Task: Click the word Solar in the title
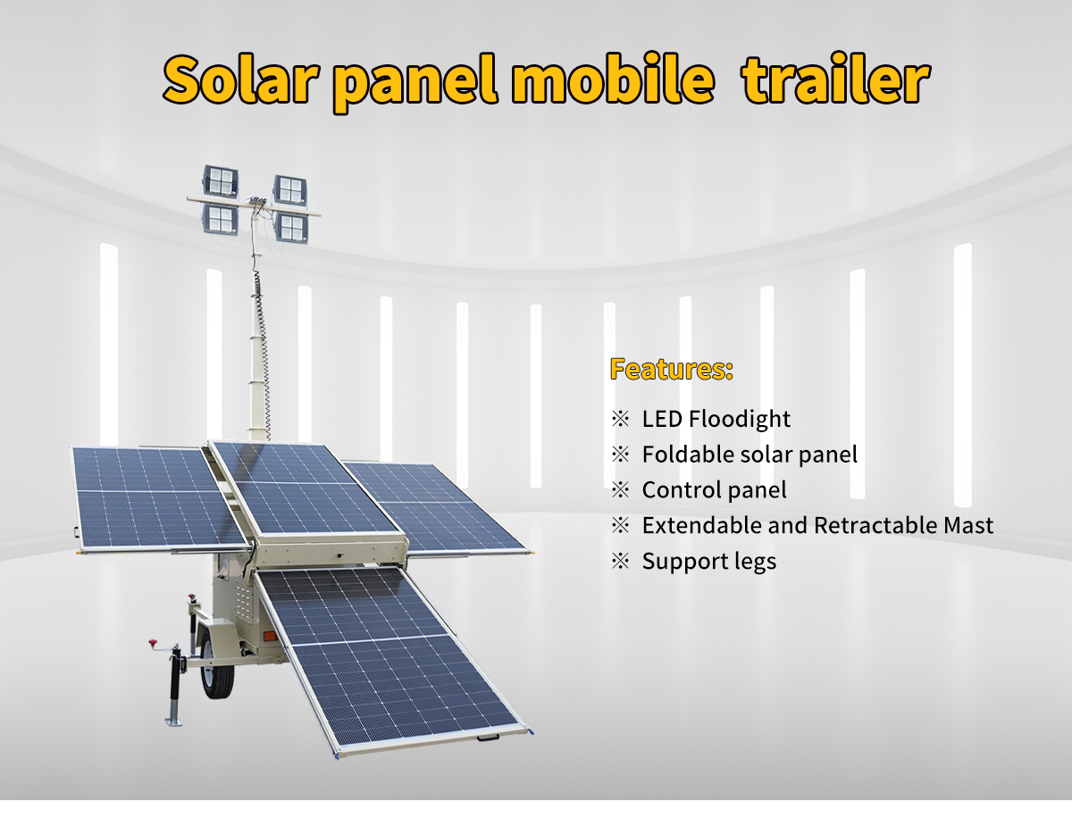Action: [241, 79]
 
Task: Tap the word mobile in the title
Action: [613, 79]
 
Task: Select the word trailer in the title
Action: [835, 79]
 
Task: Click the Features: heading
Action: [672, 369]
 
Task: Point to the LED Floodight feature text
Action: [716, 419]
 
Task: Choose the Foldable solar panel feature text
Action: [750, 455]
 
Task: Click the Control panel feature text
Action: [714, 490]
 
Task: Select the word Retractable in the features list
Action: [875, 526]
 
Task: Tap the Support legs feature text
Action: [709, 562]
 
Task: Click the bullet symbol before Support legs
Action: [620, 562]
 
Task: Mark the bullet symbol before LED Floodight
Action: [620, 419]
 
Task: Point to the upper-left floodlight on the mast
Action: [221, 180]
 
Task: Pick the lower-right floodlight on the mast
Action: [291, 228]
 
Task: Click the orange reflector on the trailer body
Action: [270, 636]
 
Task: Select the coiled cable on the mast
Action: [263, 352]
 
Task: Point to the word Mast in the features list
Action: [968, 526]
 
